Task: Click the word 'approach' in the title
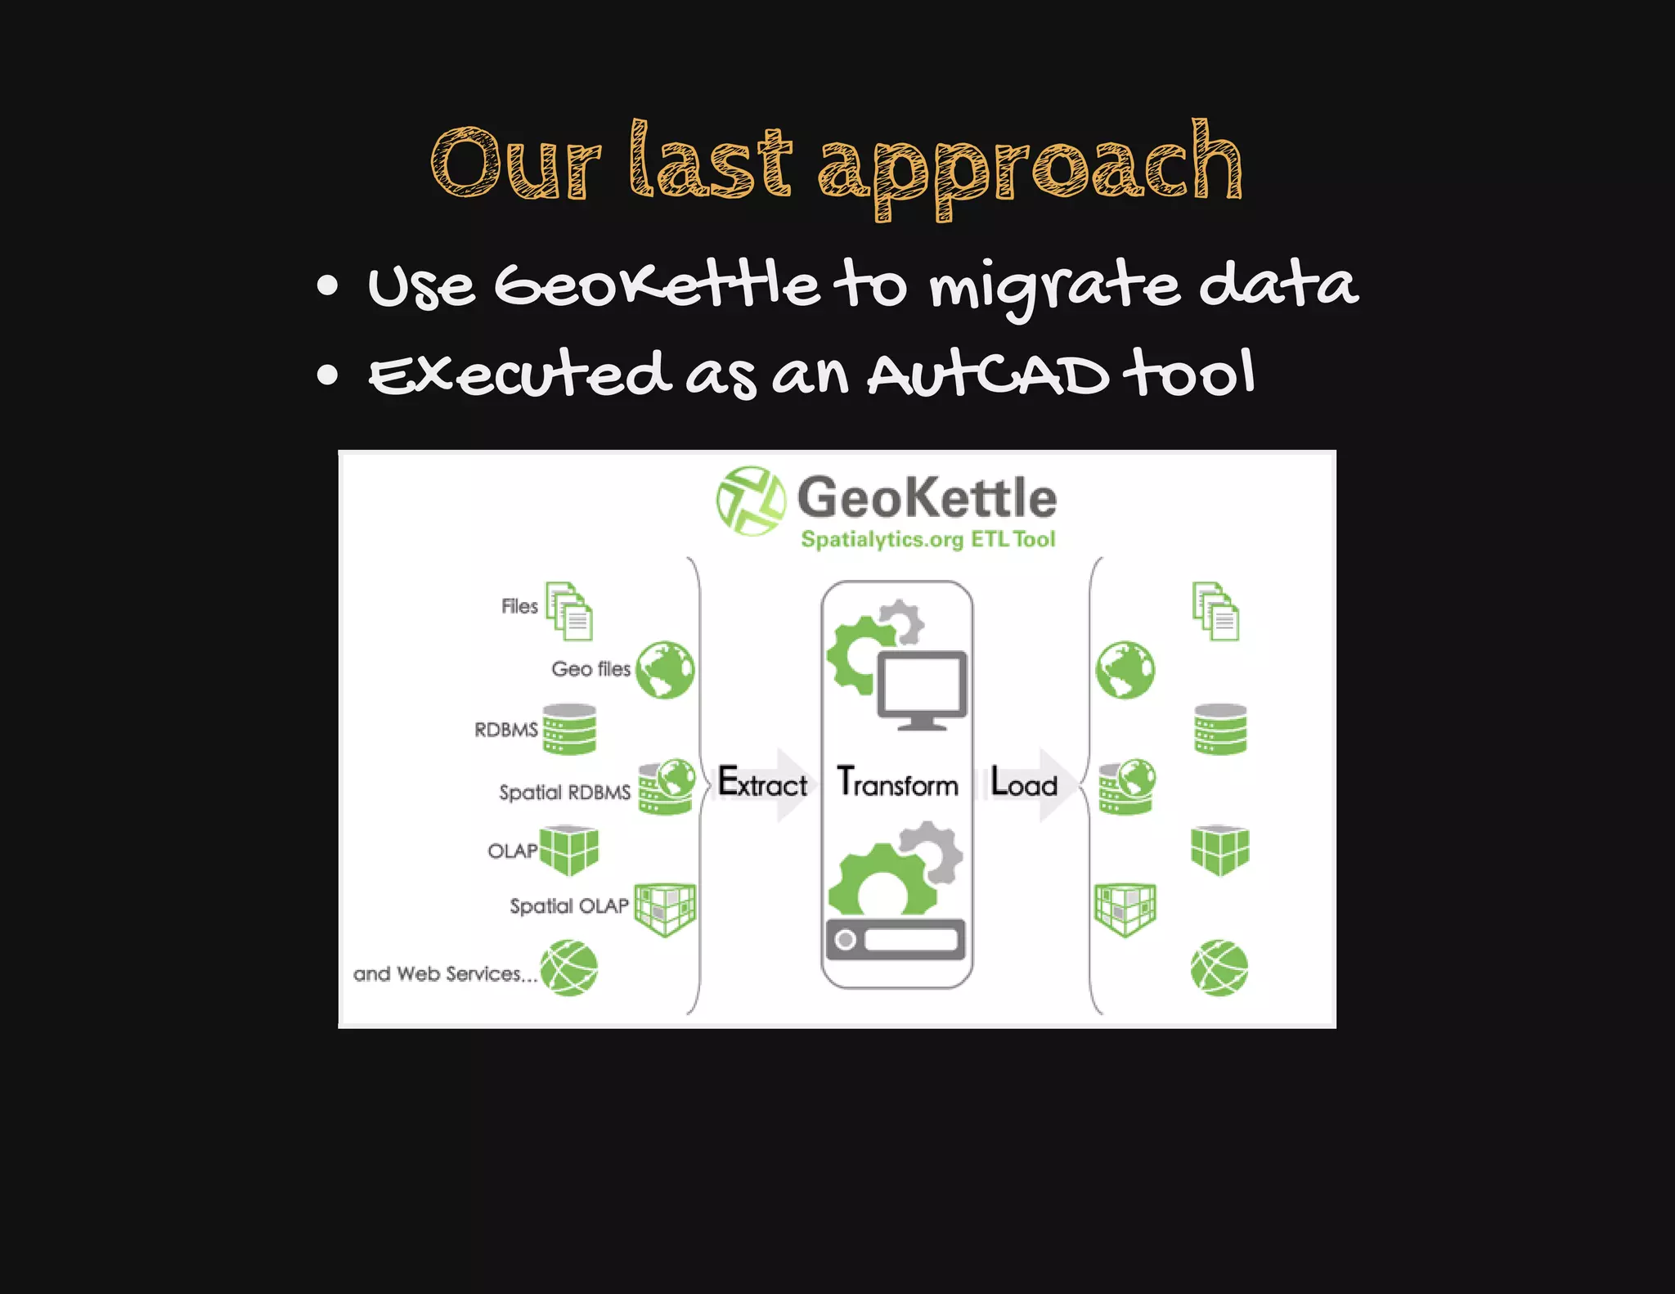point(1031,168)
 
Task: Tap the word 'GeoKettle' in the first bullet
point(656,286)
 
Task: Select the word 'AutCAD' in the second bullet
point(988,376)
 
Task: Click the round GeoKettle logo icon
point(750,501)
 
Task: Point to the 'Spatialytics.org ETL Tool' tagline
point(927,540)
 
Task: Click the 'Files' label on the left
point(519,607)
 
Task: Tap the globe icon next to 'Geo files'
point(665,670)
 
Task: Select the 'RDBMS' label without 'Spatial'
point(505,730)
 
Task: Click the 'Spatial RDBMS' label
point(564,793)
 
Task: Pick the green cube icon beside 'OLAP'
point(569,851)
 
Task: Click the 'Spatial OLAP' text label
point(568,906)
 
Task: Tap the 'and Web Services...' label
point(445,974)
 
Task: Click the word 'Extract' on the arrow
point(761,784)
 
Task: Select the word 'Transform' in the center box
point(897,784)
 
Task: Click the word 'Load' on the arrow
point(1023,784)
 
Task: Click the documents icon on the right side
point(1215,612)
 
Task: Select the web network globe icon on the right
point(1219,968)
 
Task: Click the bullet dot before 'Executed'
point(327,375)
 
